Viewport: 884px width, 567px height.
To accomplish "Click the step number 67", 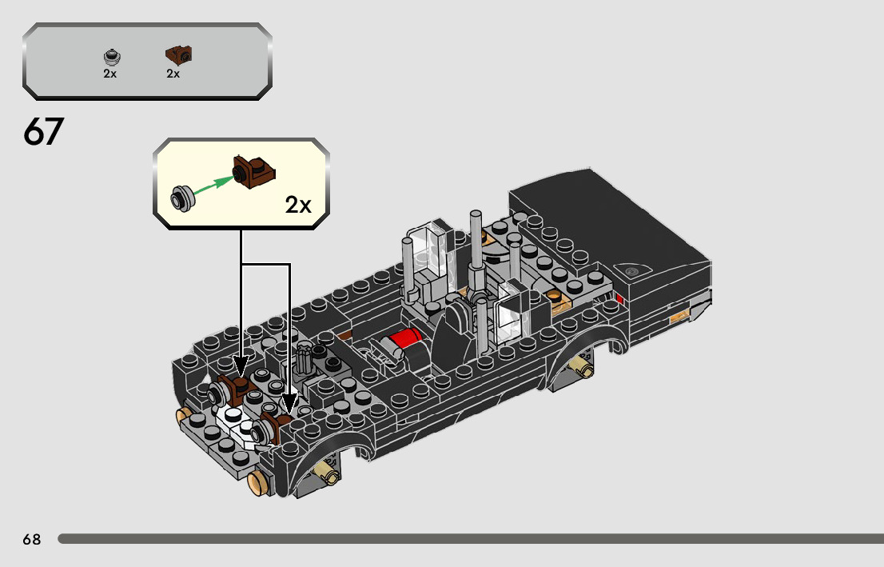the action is [x=43, y=132].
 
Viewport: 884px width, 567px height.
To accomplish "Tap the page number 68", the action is [x=32, y=540].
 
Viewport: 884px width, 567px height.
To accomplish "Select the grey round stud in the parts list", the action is [x=113, y=57].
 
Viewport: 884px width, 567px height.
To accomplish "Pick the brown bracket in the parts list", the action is [x=179, y=54].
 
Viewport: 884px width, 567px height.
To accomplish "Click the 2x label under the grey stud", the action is [x=110, y=74].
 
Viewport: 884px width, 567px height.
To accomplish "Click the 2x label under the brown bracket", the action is [x=173, y=74].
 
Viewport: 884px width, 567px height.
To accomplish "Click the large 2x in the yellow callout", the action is [x=298, y=205].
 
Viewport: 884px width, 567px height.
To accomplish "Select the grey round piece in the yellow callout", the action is [x=183, y=198].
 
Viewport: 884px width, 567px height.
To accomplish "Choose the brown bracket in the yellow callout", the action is [x=253, y=171].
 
